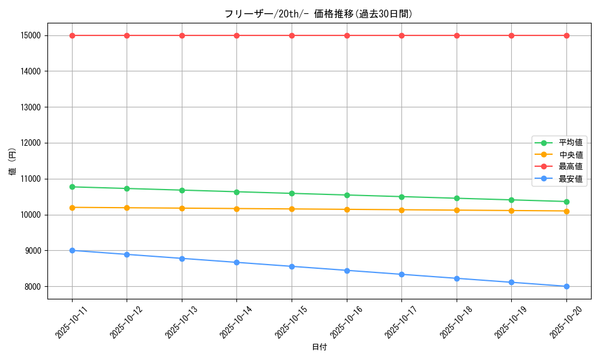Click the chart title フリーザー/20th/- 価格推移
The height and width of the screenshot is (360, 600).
[319, 14]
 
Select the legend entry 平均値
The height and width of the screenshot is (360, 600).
[570, 143]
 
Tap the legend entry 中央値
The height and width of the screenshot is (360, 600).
[570, 155]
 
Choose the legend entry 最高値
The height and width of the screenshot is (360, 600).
[570, 167]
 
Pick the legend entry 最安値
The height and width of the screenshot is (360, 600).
[570, 179]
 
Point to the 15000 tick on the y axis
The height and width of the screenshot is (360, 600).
[30, 35]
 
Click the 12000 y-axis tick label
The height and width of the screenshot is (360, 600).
[30, 143]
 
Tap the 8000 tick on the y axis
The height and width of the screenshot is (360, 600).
[32, 286]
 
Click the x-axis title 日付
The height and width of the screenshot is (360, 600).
[319, 347]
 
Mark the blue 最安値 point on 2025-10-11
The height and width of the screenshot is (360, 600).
[72, 250]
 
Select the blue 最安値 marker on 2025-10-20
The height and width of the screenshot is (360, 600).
[566, 286]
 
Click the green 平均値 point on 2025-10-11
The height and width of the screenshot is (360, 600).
[72, 187]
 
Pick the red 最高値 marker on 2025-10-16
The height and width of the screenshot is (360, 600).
[347, 35]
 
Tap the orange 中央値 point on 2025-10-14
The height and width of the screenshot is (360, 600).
[236, 208]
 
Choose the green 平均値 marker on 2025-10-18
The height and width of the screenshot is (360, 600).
[457, 198]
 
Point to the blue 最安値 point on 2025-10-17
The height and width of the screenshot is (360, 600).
[401, 274]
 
